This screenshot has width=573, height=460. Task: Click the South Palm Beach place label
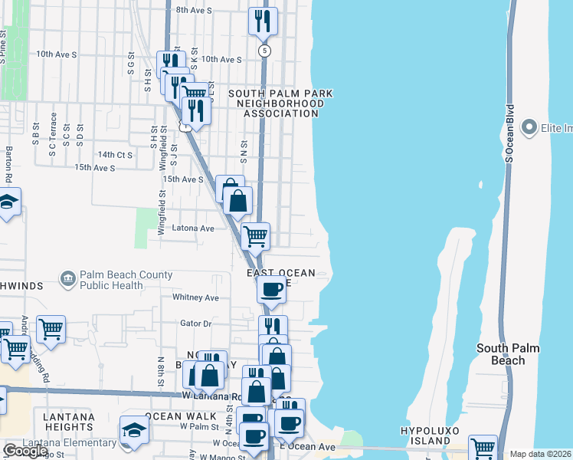(508, 354)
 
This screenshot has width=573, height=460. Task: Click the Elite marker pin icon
(529, 127)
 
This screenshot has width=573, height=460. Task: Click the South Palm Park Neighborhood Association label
(280, 103)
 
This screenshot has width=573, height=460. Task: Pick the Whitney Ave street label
(196, 297)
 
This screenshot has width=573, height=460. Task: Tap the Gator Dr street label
(195, 324)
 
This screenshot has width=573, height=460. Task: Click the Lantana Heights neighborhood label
(69, 422)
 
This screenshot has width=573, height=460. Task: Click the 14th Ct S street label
(116, 155)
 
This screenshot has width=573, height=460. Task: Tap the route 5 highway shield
(265, 51)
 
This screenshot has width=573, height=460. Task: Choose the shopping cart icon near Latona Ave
(255, 235)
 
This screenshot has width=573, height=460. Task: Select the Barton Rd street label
(9, 164)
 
